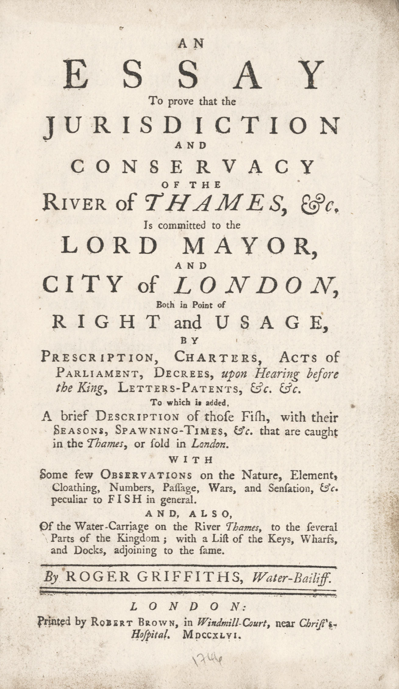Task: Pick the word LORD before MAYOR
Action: pos(109,246)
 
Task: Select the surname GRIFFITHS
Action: pos(187,577)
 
